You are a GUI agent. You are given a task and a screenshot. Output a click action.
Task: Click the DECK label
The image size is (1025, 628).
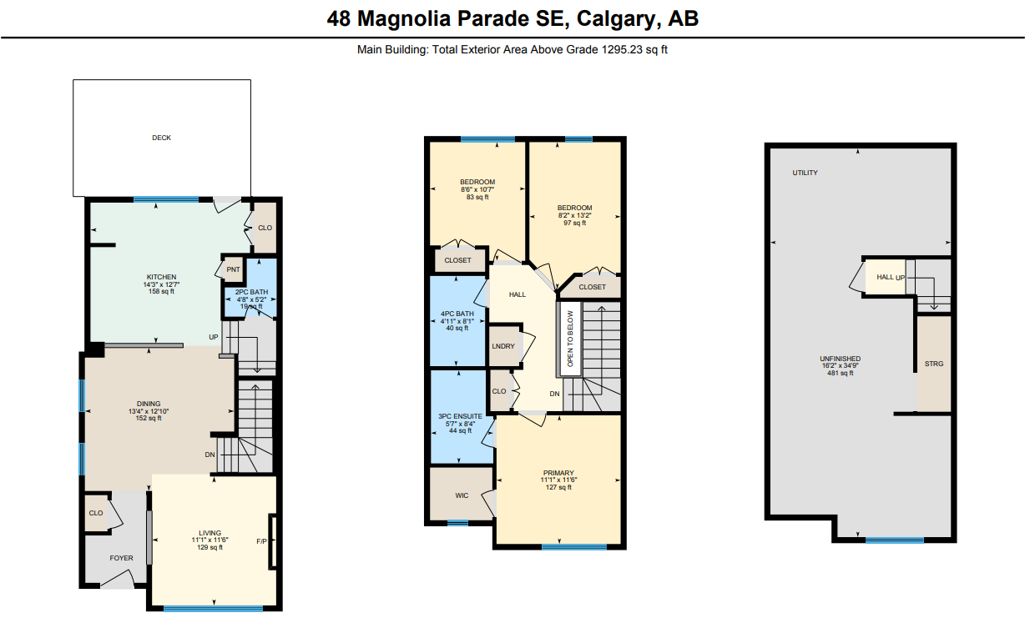(x=162, y=138)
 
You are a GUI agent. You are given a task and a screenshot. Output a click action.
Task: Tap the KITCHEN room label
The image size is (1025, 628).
(x=161, y=277)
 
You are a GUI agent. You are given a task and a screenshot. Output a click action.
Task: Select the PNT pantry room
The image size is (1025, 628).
(x=233, y=269)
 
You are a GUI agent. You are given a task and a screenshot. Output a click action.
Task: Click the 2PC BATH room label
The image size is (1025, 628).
(x=252, y=292)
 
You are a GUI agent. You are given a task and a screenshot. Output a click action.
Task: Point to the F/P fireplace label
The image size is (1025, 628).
(x=262, y=541)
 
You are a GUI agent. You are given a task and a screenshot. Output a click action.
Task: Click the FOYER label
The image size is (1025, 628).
(x=121, y=558)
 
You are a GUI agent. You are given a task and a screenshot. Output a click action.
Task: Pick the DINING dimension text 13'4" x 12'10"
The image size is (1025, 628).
(x=149, y=411)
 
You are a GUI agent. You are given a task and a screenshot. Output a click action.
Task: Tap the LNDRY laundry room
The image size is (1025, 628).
(x=503, y=346)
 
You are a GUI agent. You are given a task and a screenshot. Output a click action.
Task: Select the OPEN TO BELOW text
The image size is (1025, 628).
(x=570, y=339)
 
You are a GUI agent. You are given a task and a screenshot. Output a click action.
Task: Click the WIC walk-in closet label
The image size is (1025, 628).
(x=462, y=495)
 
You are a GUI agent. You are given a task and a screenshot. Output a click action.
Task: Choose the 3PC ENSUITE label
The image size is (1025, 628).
(x=461, y=416)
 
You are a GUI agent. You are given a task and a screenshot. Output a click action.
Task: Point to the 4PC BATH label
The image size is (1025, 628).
(x=457, y=314)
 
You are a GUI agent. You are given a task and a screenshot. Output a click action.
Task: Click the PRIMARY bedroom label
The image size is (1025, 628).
(x=558, y=473)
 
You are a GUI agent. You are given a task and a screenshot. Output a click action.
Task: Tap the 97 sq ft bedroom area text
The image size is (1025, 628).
(x=575, y=223)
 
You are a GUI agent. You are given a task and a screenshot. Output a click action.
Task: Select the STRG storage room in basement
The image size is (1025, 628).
(x=934, y=364)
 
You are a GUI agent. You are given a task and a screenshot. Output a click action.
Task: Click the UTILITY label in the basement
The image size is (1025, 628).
(x=805, y=173)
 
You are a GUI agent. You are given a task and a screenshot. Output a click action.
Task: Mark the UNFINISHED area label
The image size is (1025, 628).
(x=841, y=359)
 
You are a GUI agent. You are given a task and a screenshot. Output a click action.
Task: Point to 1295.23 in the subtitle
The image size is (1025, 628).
(x=622, y=49)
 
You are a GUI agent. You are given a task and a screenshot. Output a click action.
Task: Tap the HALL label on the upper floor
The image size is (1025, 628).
(x=518, y=294)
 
